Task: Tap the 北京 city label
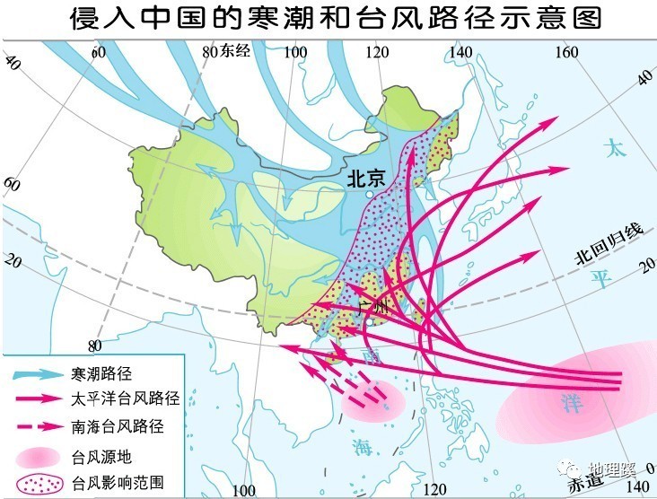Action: pyautogui.click(x=365, y=179)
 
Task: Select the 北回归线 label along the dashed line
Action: pyautogui.click(x=609, y=247)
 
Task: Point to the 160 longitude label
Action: pyautogui.click(x=567, y=52)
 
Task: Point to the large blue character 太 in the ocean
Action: pyautogui.click(x=615, y=147)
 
